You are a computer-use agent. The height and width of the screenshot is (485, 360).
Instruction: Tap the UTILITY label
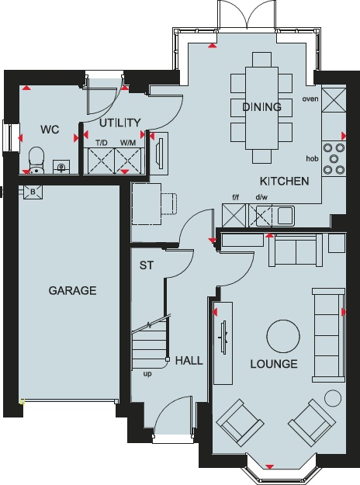tap(119, 123)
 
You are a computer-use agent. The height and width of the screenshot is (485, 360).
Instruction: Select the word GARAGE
tap(72, 291)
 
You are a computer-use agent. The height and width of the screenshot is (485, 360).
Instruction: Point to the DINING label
tap(261, 107)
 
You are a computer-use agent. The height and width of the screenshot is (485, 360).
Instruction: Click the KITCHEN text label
tap(285, 181)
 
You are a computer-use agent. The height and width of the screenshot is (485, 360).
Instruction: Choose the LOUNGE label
tap(274, 363)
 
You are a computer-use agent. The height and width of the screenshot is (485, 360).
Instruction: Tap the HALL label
tap(189, 360)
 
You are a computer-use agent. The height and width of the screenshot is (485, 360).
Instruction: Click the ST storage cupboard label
tap(147, 265)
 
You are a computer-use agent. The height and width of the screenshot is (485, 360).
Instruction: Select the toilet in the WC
tap(34, 159)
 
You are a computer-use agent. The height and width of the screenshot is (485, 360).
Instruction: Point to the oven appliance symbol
tap(333, 99)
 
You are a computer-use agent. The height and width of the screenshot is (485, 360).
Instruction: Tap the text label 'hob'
tap(312, 158)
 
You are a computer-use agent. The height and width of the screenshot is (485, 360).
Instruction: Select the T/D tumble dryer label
tap(102, 143)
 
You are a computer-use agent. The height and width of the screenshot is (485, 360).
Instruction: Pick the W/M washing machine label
tap(126, 143)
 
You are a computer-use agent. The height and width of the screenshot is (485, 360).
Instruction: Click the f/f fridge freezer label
tap(237, 199)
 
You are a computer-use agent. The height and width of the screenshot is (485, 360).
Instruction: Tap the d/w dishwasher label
tap(261, 199)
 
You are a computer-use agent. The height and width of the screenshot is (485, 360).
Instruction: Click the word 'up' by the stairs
tap(147, 373)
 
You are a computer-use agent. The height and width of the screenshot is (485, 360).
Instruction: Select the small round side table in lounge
tap(333, 398)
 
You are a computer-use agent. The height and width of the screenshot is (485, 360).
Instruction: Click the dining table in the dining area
tap(261, 109)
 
